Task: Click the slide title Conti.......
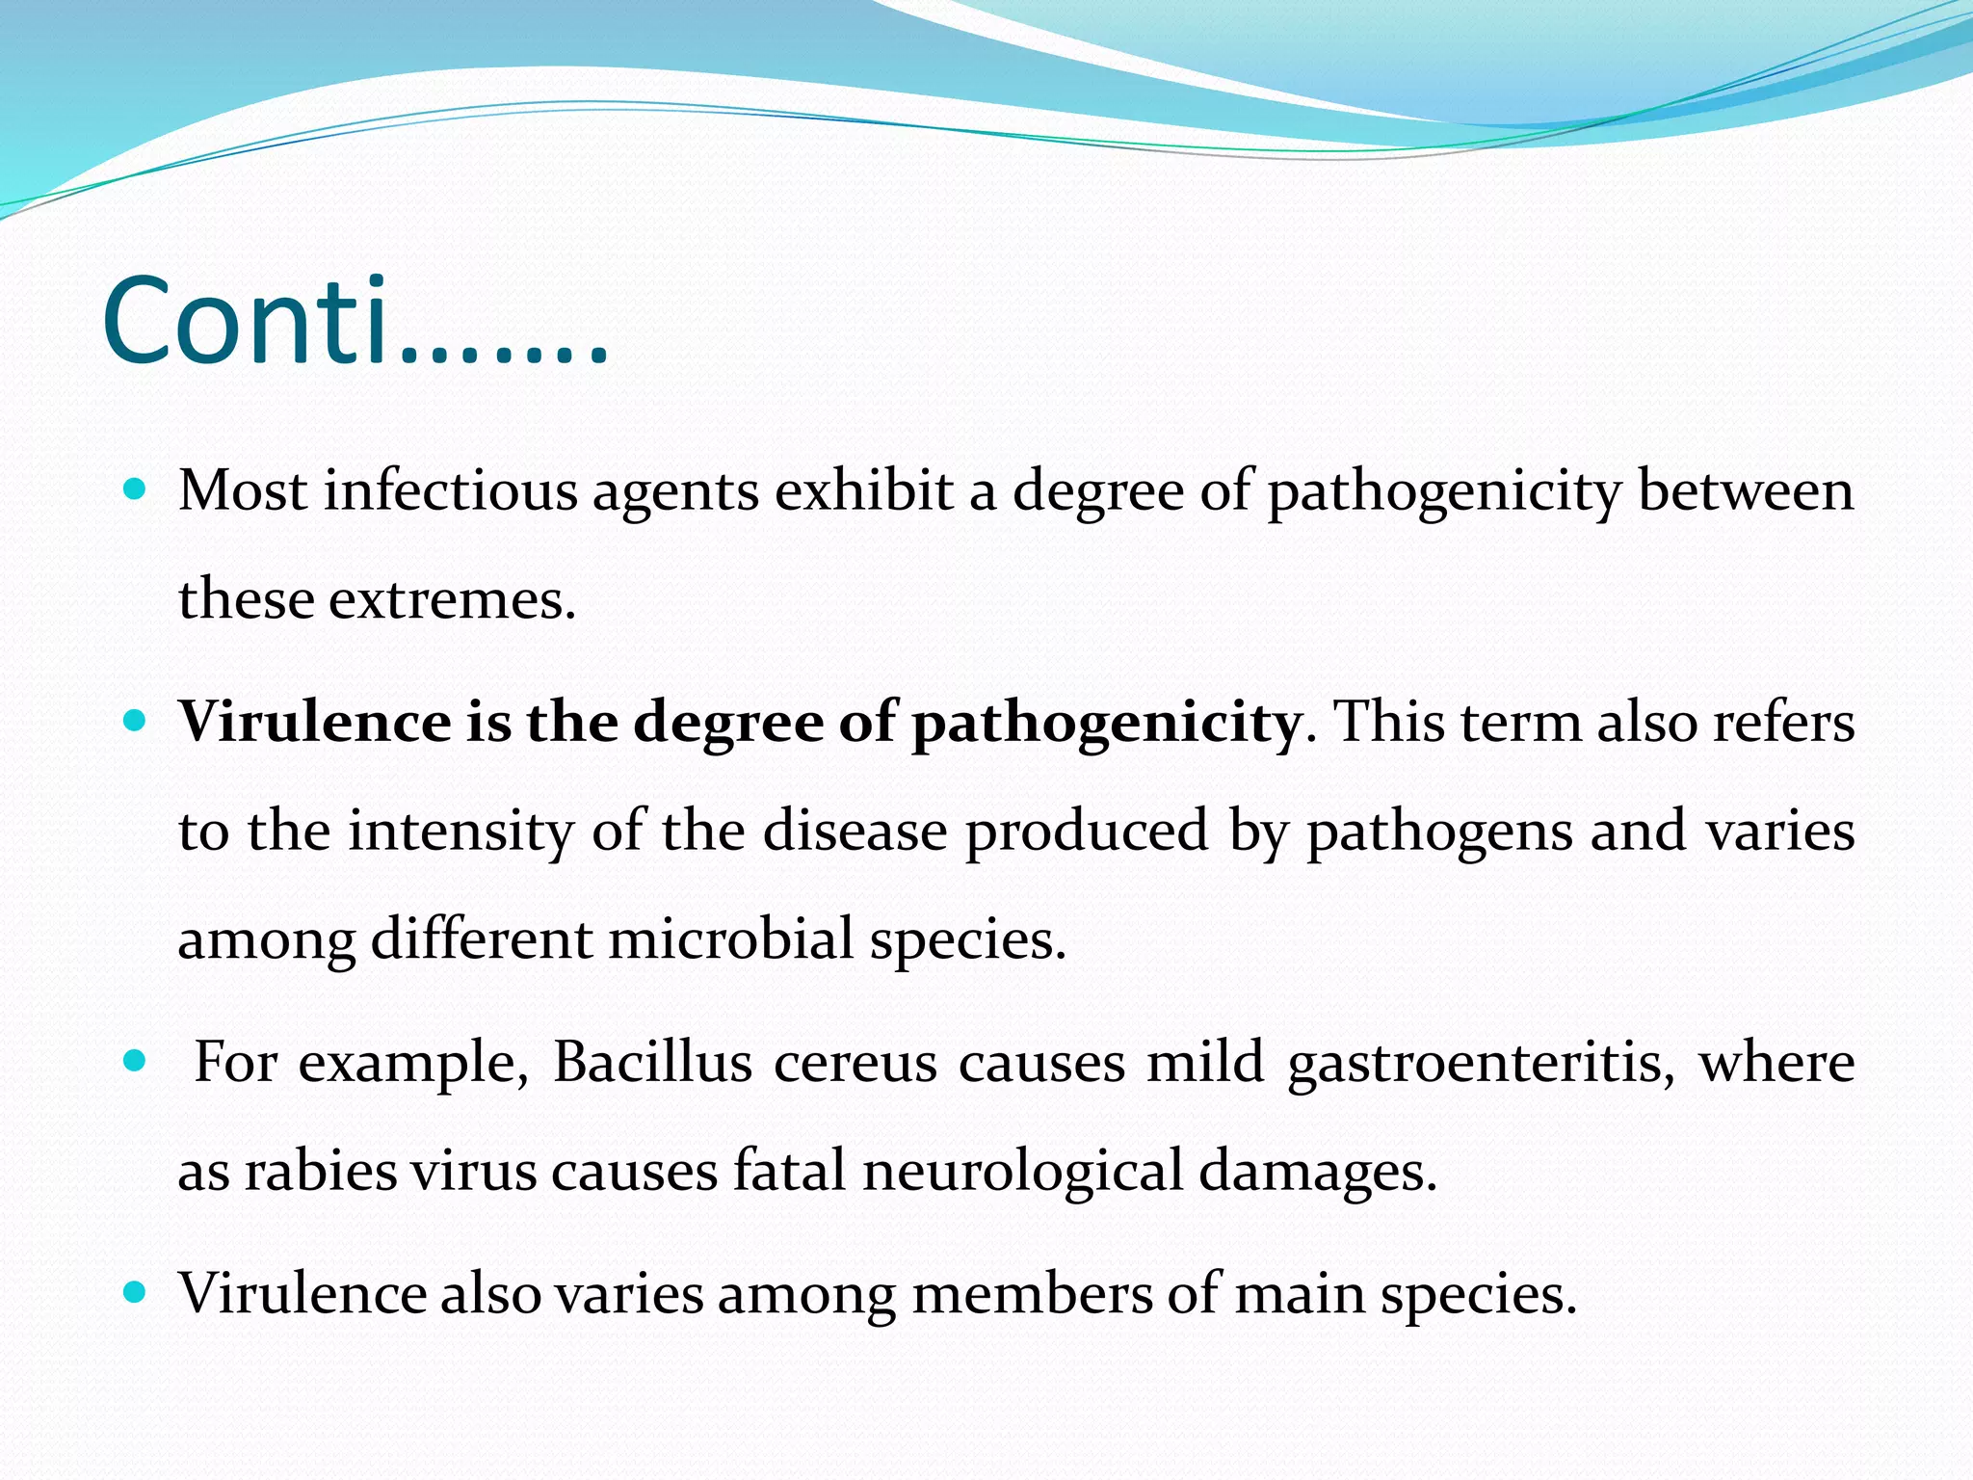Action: click(355, 322)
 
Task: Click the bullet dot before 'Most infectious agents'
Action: click(135, 489)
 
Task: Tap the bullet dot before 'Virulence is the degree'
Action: click(135, 720)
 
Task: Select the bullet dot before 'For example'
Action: click(135, 1062)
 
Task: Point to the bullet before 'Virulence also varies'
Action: click(135, 1292)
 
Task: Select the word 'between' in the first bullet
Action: click(1746, 491)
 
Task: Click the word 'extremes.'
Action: click(452, 600)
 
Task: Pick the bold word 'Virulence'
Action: click(314, 722)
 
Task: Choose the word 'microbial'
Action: click(730, 939)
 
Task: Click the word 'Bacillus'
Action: click(652, 1064)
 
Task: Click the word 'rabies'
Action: click(320, 1173)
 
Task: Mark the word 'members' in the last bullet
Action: click(1032, 1294)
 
